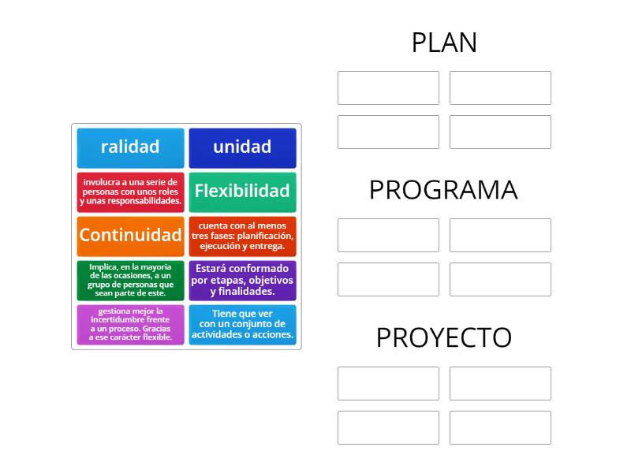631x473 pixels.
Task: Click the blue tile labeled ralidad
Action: (x=130, y=147)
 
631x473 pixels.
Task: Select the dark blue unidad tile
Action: (x=242, y=147)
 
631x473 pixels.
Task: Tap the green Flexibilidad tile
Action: (x=242, y=192)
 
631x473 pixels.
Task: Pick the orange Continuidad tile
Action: (x=130, y=236)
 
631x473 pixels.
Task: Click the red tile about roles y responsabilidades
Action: (x=130, y=192)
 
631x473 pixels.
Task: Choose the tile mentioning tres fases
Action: (x=242, y=236)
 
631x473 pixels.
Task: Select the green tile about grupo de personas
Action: (x=130, y=280)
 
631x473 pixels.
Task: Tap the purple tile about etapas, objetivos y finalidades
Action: (x=242, y=280)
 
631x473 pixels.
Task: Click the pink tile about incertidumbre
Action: (x=130, y=324)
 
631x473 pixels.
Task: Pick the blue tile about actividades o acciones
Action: (x=242, y=324)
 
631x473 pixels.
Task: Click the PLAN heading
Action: (x=444, y=43)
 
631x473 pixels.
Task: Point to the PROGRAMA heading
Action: (x=444, y=190)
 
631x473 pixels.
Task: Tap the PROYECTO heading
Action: (x=444, y=337)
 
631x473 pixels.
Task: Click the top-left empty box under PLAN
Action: (x=388, y=88)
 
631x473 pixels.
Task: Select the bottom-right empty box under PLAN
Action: (x=500, y=132)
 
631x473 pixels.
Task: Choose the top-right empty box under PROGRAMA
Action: (x=500, y=235)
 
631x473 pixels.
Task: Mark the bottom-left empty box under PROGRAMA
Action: (x=388, y=279)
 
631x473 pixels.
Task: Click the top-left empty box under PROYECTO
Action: (x=388, y=383)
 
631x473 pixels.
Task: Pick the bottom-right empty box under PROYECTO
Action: (x=500, y=427)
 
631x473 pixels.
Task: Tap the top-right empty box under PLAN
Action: (x=500, y=88)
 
